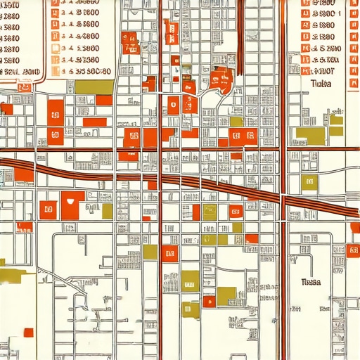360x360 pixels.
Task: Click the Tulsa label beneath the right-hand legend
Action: pyautogui.click(x=320, y=83)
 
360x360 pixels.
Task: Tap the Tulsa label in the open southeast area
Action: pyautogui.click(x=310, y=282)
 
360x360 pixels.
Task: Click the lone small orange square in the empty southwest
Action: pyautogui.click(x=28, y=332)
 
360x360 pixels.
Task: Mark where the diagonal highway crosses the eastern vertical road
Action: pyautogui.click(x=283, y=193)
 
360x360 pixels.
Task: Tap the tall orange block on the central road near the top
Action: pyautogui.click(x=169, y=31)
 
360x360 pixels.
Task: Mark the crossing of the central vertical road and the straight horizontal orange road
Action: pyautogui.click(x=161, y=149)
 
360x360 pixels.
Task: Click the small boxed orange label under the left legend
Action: pyautogui.click(x=25, y=87)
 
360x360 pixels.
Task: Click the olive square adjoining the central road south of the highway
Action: pyautogui.click(x=150, y=252)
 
